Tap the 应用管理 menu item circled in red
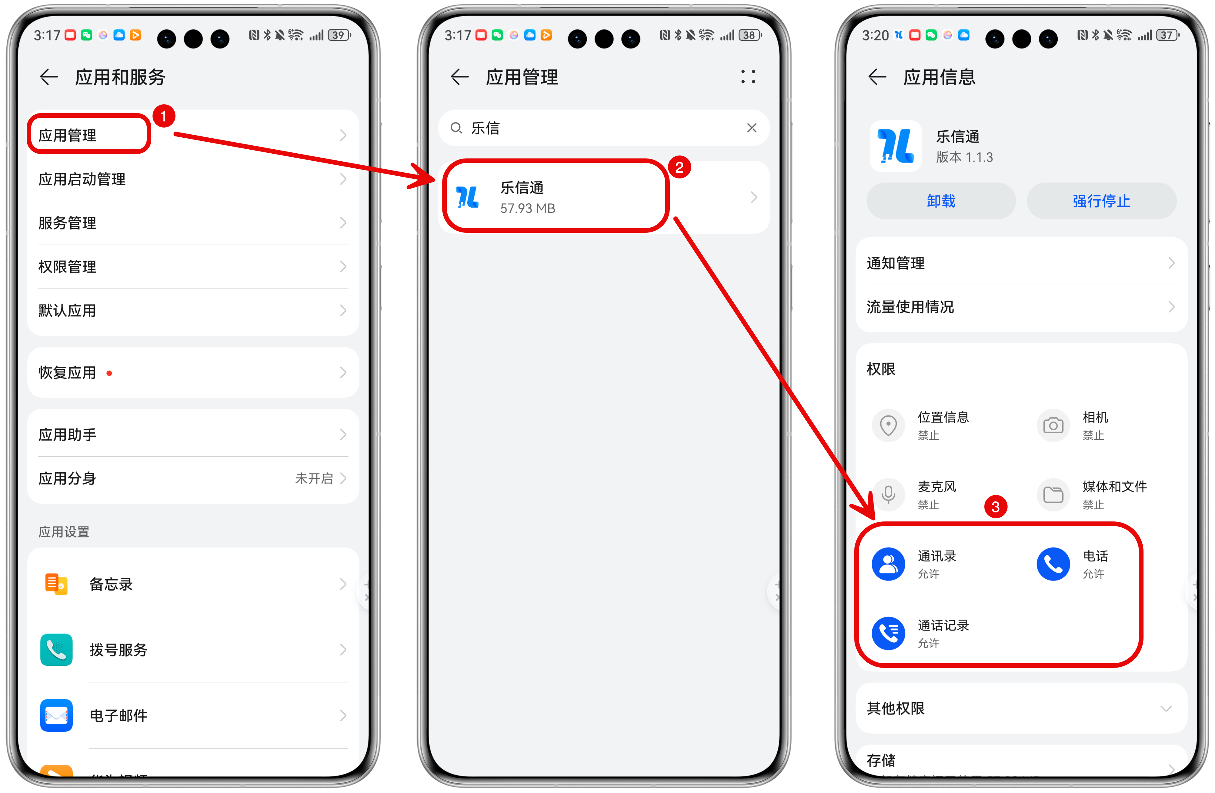(67, 135)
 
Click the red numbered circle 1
(163, 116)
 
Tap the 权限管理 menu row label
(67, 266)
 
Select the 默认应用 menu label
(67, 310)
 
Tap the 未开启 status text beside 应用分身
(314, 478)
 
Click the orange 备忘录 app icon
(56, 584)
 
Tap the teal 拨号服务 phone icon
(56, 649)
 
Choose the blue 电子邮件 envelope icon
(56, 715)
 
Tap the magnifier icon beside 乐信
(456, 128)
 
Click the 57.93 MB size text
(527, 208)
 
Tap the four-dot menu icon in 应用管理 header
(748, 77)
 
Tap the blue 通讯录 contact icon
(888, 564)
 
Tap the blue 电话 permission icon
(1053, 564)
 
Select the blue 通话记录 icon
(888, 633)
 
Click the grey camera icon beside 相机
(1053, 425)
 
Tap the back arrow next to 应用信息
(877, 77)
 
